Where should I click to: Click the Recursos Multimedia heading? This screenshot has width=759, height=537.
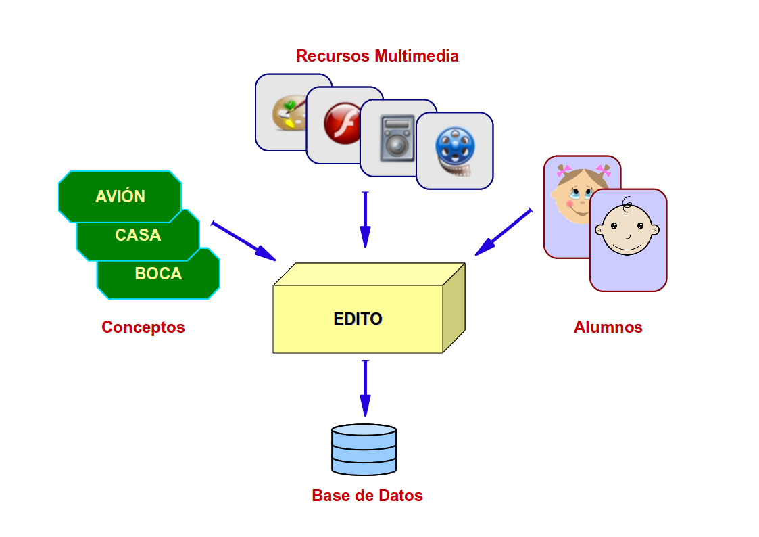tap(377, 55)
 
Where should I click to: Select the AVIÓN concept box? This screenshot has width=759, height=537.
tap(120, 197)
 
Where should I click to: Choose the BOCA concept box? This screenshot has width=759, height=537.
tap(158, 274)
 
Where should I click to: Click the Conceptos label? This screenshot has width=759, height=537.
tap(143, 327)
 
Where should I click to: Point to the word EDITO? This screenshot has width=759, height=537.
tap(358, 319)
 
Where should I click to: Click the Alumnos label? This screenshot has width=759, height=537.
tap(608, 327)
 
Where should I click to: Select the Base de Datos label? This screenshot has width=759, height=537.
tap(368, 495)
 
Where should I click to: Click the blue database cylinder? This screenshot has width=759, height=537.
tap(364, 450)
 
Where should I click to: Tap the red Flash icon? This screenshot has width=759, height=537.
tap(342, 124)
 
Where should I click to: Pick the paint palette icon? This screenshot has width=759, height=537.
tap(289, 113)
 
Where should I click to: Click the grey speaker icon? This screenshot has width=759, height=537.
tap(397, 138)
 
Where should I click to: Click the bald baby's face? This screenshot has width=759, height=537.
tap(627, 229)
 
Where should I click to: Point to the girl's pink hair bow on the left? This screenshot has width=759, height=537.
tap(564, 170)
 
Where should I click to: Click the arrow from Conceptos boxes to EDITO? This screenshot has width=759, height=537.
tap(243, 241)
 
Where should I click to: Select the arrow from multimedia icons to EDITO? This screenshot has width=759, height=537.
tap(366, 220)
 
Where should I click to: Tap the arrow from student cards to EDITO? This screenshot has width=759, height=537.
tap(504, 232)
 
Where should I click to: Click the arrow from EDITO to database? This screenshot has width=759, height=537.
tap(366, 388)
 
